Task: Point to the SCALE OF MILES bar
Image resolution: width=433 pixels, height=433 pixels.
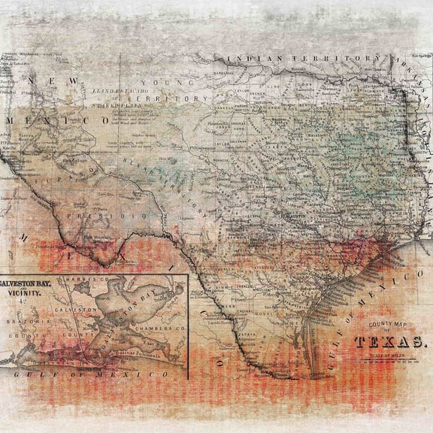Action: click(389, 356)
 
